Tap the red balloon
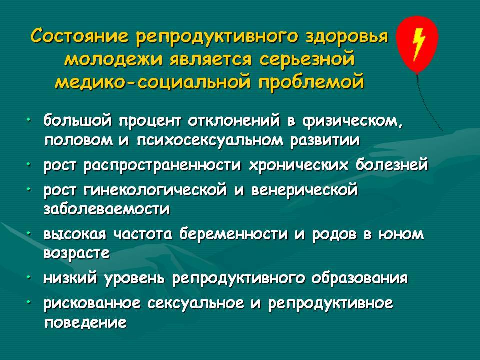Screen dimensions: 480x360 tap(417, 44)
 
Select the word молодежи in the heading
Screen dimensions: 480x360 tap(114, 59)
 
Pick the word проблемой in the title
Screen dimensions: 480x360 tap(311, 82)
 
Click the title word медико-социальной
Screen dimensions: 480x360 tap(153, 81)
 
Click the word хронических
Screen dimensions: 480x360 tap(299, 165)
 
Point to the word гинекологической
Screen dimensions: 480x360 tap(155, 190)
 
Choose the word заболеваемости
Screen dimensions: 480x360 tap(107, 209)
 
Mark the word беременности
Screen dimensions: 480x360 tap(234, 235)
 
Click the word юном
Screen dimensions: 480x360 tap(401, 235)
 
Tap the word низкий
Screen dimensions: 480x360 tap(71, 278)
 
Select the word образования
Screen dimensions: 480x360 tap(359, 278)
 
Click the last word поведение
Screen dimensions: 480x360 tap(85, 323)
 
